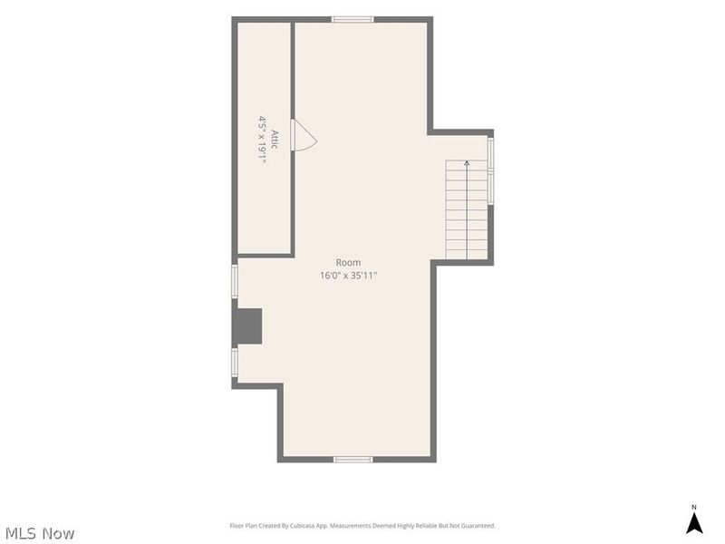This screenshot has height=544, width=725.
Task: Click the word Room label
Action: [348, 263]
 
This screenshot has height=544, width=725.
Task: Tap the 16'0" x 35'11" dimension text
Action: [349, 276]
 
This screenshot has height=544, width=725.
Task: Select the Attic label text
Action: [275, 140]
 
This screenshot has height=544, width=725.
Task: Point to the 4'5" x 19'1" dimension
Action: [263, 140]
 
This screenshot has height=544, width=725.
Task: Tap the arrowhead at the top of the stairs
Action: [467, 163]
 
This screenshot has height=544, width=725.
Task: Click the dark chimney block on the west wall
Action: [248, 326]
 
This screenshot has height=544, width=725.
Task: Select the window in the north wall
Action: [353, 19]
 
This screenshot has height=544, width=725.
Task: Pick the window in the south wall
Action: [353, 460]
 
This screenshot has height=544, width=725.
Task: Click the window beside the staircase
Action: [490, 171]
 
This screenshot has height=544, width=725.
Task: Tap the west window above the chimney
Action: [235, 281]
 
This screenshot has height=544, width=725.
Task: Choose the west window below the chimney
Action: [235, 363]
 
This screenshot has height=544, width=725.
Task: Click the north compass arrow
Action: [694, 523]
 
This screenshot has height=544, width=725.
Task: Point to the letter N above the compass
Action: [693, 507]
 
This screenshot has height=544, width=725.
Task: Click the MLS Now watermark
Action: [40, 533]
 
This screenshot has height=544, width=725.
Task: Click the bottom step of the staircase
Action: [467, 255]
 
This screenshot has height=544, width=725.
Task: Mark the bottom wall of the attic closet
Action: [264, 255]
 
